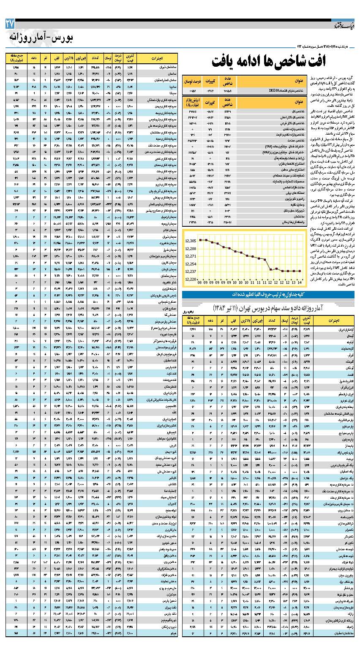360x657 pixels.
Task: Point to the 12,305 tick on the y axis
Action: (191, 241)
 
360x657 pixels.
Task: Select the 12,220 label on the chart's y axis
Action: (191, 279)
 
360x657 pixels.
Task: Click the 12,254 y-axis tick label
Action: (191, 264)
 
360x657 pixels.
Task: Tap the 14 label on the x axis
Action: (299, 282)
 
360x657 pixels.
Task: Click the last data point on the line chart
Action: (299, 271)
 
